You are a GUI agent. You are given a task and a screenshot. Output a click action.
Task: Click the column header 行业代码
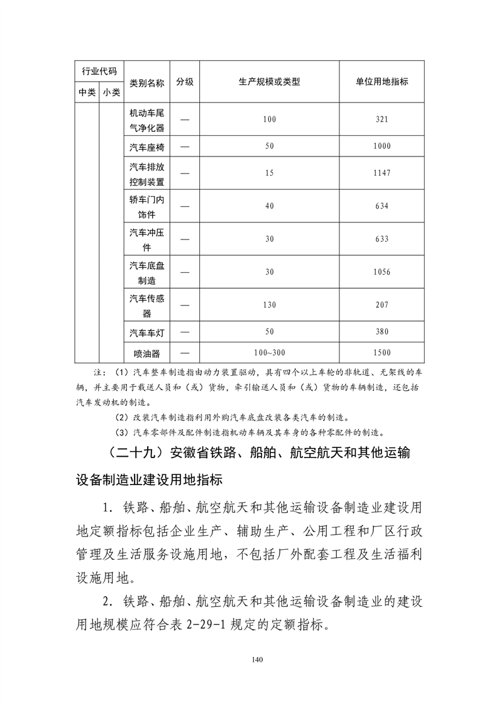click(99, 71)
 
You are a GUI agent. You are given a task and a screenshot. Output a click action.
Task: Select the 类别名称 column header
click(147, 82)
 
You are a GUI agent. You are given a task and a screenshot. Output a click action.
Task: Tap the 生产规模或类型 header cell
click(270, 82)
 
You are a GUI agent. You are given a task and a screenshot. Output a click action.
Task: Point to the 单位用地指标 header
click(381, 82)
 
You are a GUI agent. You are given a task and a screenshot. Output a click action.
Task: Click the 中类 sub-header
click(87, 92)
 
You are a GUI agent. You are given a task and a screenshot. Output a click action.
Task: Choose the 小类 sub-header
click(112, 92)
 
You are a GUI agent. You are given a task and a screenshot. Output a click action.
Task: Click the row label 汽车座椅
click(147, 146)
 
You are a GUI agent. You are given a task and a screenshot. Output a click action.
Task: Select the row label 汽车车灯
click(147, 332)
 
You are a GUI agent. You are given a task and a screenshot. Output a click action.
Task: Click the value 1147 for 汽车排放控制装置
click(381, 173)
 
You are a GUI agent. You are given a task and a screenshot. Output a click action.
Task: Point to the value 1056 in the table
click(381, 272)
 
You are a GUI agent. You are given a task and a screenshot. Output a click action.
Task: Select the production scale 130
click(270, 305)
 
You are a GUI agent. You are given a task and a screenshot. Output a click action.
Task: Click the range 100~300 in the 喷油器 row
click(270, 353)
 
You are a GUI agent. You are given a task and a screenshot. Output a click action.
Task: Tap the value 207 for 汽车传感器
click(381, 305)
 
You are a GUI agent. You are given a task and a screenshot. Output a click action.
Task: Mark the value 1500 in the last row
click(381, 353)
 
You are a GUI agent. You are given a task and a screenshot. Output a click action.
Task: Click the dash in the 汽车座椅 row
click(185, 146)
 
